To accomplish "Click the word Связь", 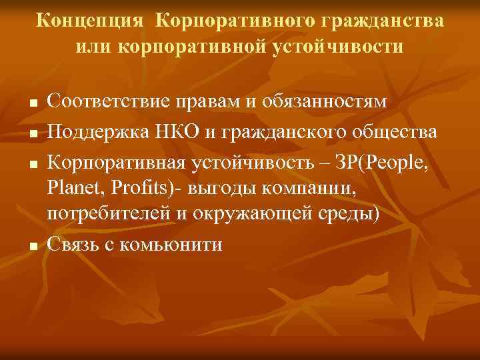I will pos(74,244).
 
